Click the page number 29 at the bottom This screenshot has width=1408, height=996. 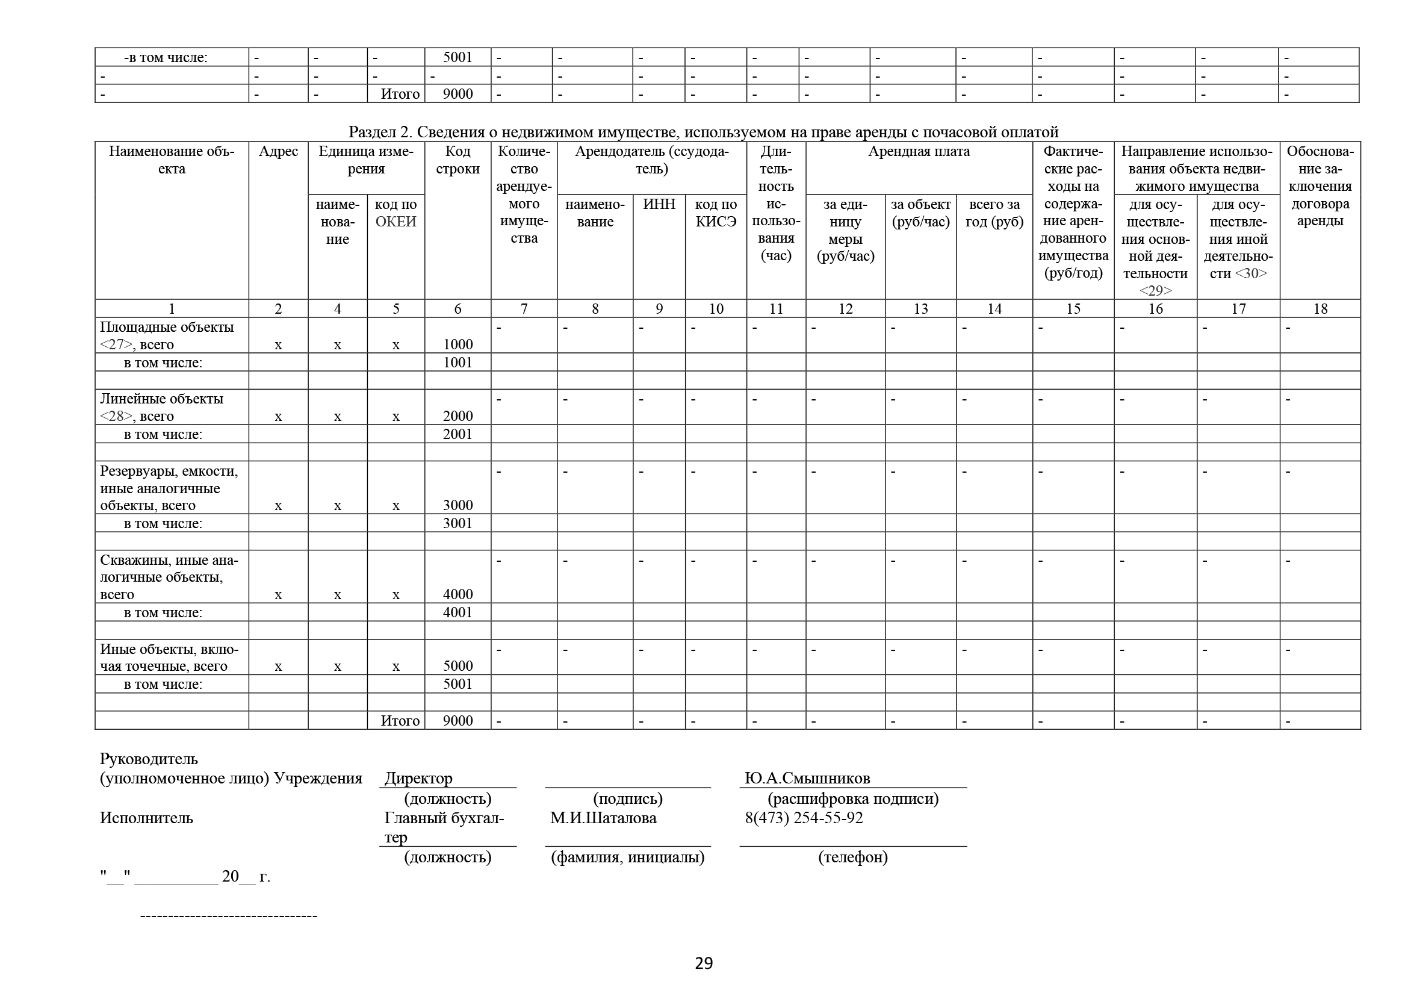[x=703, y=963]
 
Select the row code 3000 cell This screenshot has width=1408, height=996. [x=457, y=505]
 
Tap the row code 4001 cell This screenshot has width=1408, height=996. [x=457, y=612]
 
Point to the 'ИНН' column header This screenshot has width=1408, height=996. [x=659, y=204]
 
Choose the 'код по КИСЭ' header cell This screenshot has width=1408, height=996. [x=716, y=213]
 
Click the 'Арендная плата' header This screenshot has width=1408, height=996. [x=919, y=152]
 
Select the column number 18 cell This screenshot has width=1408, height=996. [x=1320, y=308]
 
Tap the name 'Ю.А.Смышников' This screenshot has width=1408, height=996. [x=807, y=778]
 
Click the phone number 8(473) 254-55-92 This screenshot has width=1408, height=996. [x=804, y=818]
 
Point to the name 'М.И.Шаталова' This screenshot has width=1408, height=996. [x=603, y=818]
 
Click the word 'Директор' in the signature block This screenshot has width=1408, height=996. [x=418, y=778]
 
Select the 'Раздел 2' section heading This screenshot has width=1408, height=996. [x=703, y=132]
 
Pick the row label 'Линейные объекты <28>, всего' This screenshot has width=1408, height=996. [x=162, y=407]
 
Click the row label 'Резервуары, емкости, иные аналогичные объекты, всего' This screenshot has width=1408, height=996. [x=169, y=488]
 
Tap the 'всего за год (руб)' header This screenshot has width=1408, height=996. [x=994, y=213]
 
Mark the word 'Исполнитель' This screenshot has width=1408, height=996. [x=146, y=818]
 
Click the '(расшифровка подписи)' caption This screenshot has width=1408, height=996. [x=853, y=798]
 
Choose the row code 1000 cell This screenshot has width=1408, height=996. [x=457, y=344]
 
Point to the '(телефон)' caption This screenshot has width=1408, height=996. [x=852, y=857]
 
